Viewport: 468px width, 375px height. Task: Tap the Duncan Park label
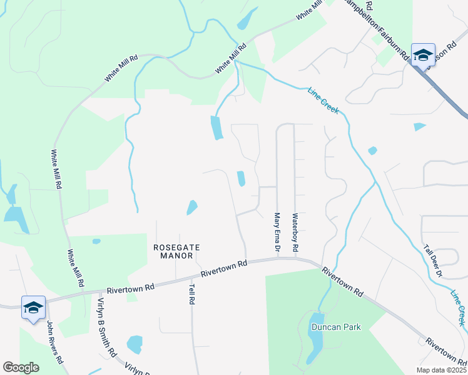335,327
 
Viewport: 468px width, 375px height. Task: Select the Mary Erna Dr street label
277,232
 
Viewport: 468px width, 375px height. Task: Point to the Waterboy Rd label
295,232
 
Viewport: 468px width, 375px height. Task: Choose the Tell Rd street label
191,292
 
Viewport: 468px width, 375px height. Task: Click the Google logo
21,367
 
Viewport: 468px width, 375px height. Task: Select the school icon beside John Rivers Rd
33,307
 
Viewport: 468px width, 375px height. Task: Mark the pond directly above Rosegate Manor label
191,207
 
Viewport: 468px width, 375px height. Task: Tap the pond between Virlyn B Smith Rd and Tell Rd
134,344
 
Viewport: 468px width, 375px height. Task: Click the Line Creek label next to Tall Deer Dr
459,307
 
